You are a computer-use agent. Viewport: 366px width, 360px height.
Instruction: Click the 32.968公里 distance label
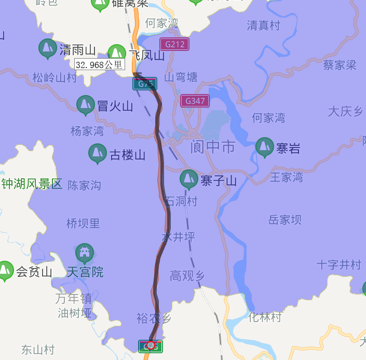100,65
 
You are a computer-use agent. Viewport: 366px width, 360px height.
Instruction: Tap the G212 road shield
174,44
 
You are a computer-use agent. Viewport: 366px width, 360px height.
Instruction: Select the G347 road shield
195,101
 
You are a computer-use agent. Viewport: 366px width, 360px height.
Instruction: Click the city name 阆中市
213,147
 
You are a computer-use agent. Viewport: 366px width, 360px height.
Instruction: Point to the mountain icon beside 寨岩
265,147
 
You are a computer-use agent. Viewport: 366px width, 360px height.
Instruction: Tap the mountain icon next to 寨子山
188,179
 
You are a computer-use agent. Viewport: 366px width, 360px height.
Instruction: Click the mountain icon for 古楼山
98,153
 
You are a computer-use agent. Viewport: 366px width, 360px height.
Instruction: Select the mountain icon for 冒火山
86,105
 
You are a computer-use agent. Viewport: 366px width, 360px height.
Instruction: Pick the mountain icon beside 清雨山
48,48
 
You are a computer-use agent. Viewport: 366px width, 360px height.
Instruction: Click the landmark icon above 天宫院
85,253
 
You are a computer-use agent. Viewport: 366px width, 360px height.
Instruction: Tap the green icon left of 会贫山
6,270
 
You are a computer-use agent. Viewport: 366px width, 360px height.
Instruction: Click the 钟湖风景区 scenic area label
32,184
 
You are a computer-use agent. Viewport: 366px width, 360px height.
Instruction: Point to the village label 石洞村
181,202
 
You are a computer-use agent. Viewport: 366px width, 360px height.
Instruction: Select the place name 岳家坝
285,220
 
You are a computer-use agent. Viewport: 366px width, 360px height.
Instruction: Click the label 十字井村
339,265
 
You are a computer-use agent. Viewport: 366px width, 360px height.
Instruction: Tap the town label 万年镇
74,298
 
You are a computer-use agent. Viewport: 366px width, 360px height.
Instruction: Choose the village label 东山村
38,350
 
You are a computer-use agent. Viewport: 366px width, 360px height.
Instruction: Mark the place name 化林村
265,317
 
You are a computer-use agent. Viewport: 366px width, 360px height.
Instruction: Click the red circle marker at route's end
151,345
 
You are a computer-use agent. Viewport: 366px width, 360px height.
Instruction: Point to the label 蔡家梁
340,65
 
